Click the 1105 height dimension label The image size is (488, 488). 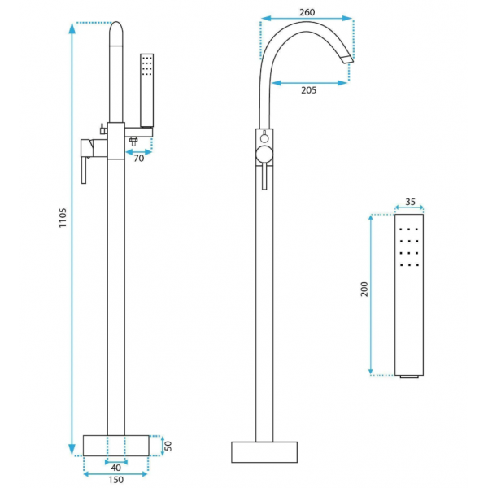[x=63, y=218]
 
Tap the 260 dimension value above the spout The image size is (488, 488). [x=307, y=12]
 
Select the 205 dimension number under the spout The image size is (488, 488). [x=309, y=90]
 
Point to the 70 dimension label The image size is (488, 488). [x=139, y=159]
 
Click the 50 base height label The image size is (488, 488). [x=168, y=446]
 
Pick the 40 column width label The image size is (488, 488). [x=115, y=468]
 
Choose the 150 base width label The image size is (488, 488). [x=115, y=480]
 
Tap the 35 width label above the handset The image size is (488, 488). [x=410, y=202]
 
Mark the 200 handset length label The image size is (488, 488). [x=364, y=289]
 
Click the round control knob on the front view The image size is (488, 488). [x=264, y=155]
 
